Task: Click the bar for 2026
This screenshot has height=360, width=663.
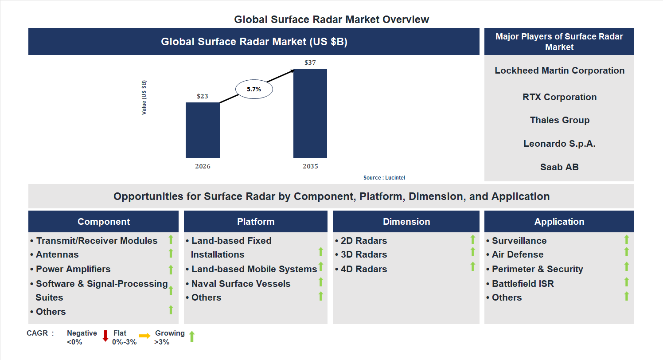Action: click(203, 130)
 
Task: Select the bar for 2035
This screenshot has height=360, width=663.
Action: click(310, 113)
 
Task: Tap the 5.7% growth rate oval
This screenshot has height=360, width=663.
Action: click(254, 89)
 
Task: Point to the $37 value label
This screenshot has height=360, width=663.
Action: click(310, 63)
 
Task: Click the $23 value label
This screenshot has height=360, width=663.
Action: click(203, 96)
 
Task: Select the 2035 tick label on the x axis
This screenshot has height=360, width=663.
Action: click(310, 167)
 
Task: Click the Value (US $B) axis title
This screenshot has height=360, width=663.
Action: click(144, 98)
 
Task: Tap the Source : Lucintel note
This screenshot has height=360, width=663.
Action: click(384, 178)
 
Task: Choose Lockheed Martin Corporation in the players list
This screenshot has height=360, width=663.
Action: click(559, 70)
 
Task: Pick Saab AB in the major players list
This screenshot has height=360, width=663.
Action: click(559, 167)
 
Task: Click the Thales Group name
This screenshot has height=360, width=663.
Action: click(559, 120)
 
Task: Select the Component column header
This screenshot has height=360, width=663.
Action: click(104, 222)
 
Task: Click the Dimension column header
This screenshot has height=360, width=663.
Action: click(406, 222)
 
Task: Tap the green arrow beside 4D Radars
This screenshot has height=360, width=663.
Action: click(473, 266)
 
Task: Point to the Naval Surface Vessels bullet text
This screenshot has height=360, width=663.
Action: click(241, 284)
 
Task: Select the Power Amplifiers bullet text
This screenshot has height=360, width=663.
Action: click(73, 269)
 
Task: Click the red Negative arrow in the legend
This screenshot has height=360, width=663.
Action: click(105, 336)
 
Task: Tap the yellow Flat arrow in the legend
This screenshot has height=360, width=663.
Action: click(144, 336)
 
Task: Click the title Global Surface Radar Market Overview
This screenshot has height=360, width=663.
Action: click(331, 20)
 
